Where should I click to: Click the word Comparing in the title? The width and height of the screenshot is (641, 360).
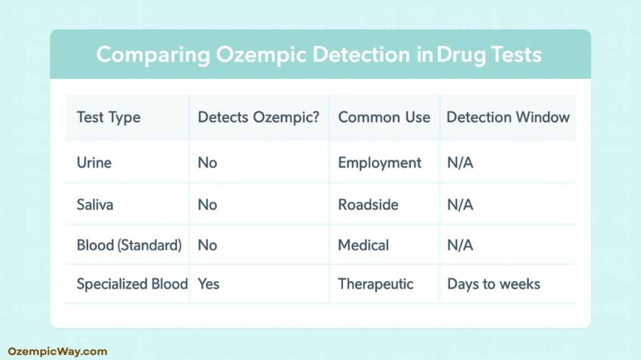(153, 55)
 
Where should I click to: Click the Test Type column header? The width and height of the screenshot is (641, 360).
(108, 117)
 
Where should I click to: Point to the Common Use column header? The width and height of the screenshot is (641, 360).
(384, 117)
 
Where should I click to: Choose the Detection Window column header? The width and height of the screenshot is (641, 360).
(508, 117)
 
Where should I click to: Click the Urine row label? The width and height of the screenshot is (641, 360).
(94, 163)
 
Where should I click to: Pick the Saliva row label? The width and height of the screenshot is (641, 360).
(95, 204)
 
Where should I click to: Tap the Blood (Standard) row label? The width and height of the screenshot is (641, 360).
(129, 245)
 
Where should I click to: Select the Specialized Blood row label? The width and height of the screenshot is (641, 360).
(132, 284)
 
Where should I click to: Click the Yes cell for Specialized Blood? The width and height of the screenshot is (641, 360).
(208, 284)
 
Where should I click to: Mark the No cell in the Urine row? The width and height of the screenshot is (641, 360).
(207, 163)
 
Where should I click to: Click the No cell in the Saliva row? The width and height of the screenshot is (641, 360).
(207, 204)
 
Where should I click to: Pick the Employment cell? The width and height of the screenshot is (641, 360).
(379, 163)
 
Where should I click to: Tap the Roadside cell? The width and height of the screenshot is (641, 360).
(368, 204)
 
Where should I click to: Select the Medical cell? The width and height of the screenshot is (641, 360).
(363, 245)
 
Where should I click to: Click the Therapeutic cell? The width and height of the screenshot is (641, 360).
(376, 284)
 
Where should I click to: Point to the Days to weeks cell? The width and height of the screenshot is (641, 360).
(493, 284)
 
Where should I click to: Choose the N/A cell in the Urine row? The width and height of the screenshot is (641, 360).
(460, 163)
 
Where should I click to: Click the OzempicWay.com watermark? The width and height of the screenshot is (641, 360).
(58, 351)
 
